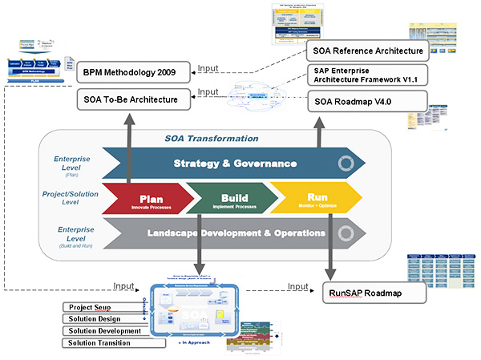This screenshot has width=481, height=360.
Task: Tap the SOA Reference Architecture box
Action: click(x=367, y=52)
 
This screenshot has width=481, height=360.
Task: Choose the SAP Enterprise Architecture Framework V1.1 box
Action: click(x=367, y=75)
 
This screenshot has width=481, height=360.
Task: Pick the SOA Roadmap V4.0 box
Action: click(x=367, y=101)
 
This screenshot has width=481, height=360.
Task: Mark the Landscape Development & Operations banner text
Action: click(x=236, y=233)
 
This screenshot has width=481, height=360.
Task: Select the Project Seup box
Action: click(x=103, y=307)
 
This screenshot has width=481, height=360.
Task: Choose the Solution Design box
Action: click(x=103, y=319)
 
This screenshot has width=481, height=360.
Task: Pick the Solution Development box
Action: click(x=103, y=331)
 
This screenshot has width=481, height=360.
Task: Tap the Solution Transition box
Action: click(x=103, y=343)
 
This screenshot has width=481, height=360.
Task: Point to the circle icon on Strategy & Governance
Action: click(x=345, y=164)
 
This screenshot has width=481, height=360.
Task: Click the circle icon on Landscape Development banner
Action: click(x=345, y=234)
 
